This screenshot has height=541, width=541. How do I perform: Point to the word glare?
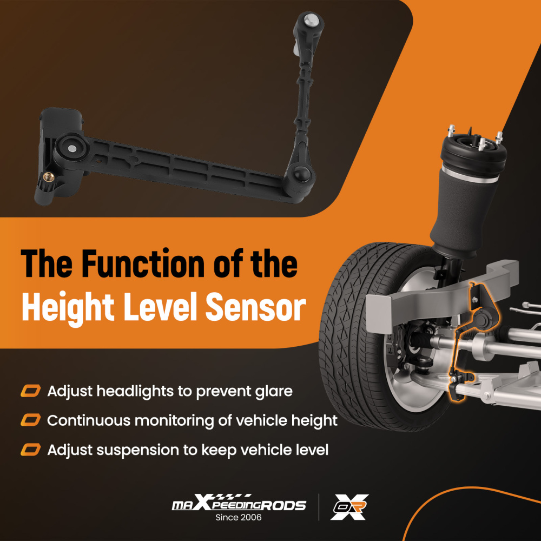pyautogui.click(x=270, y=391)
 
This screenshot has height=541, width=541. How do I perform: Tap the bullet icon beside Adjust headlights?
pyautogui.click(x=30, y=391)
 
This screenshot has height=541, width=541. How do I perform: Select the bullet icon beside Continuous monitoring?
pyautogui.click(x=30, y=420)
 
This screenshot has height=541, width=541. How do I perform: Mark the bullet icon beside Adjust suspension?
pyautogui.click(x=30, y=450)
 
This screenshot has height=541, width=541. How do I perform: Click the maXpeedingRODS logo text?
pyautogui.click(x=239, y=504)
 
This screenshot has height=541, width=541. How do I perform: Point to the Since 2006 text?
pyautogui.click(x=239, y=518)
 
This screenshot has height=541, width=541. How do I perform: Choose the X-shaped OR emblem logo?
pyautogui.click(x=349, y=507)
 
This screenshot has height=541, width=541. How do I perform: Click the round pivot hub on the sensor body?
pyautogui.click(x=71, y=147)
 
